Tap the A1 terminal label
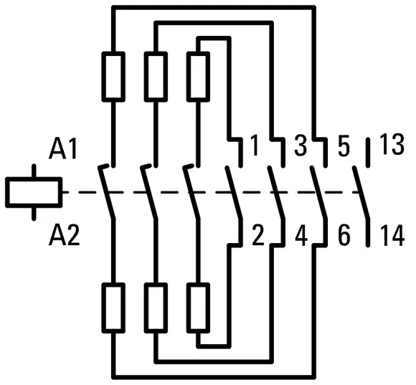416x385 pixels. [63, 150]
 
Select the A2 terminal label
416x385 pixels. [64, 235]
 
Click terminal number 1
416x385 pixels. [255, 146]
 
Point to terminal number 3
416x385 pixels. [301, 146]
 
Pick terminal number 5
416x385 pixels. [344, 146]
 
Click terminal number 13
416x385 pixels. [392, 145]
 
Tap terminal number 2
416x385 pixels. [257, 235]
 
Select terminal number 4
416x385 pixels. [301, 235]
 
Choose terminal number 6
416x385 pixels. [344, 235]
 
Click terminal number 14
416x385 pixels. [392, 235]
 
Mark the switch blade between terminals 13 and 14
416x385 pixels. [361, 193]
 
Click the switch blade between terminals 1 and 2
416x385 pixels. [234, 193]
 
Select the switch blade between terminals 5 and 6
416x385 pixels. [318, 193]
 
